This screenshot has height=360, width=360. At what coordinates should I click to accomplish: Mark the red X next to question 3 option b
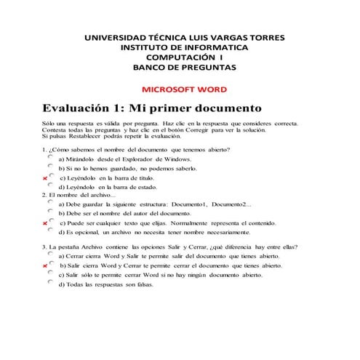coord(45,266)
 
